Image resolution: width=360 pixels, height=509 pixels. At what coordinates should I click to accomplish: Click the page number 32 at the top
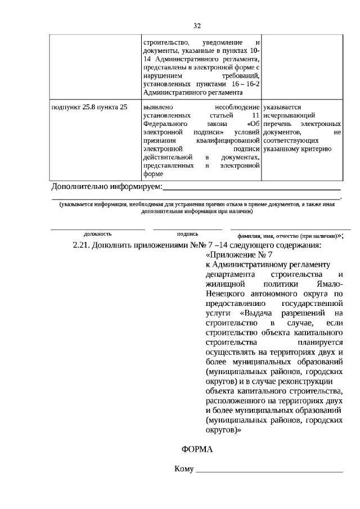[x=197, y=26]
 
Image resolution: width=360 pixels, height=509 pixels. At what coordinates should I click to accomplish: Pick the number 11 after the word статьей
[x=255, y=115]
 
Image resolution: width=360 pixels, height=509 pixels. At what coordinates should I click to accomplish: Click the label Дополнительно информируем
[x=106, y=186]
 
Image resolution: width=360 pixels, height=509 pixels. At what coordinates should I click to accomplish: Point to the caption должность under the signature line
[x=98, y=233]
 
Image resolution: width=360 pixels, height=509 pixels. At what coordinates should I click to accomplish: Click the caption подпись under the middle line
[x=187, y=233]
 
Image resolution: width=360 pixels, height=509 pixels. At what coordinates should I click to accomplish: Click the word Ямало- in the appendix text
[x=330, y=283]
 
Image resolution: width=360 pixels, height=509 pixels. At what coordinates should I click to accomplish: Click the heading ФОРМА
[x=197, y=450]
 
